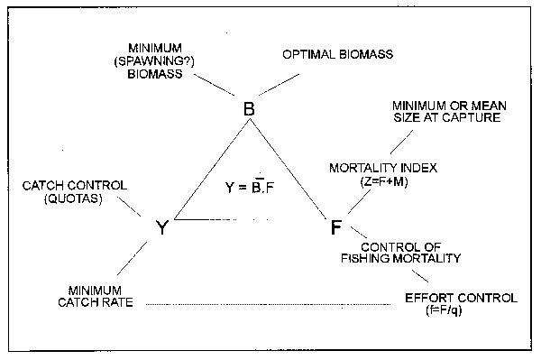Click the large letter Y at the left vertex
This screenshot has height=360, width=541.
click(x=161, y=228)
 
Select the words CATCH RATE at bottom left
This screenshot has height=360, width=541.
click(x=100, y=303)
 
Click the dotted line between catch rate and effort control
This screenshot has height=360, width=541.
click(x=270, y=304)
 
